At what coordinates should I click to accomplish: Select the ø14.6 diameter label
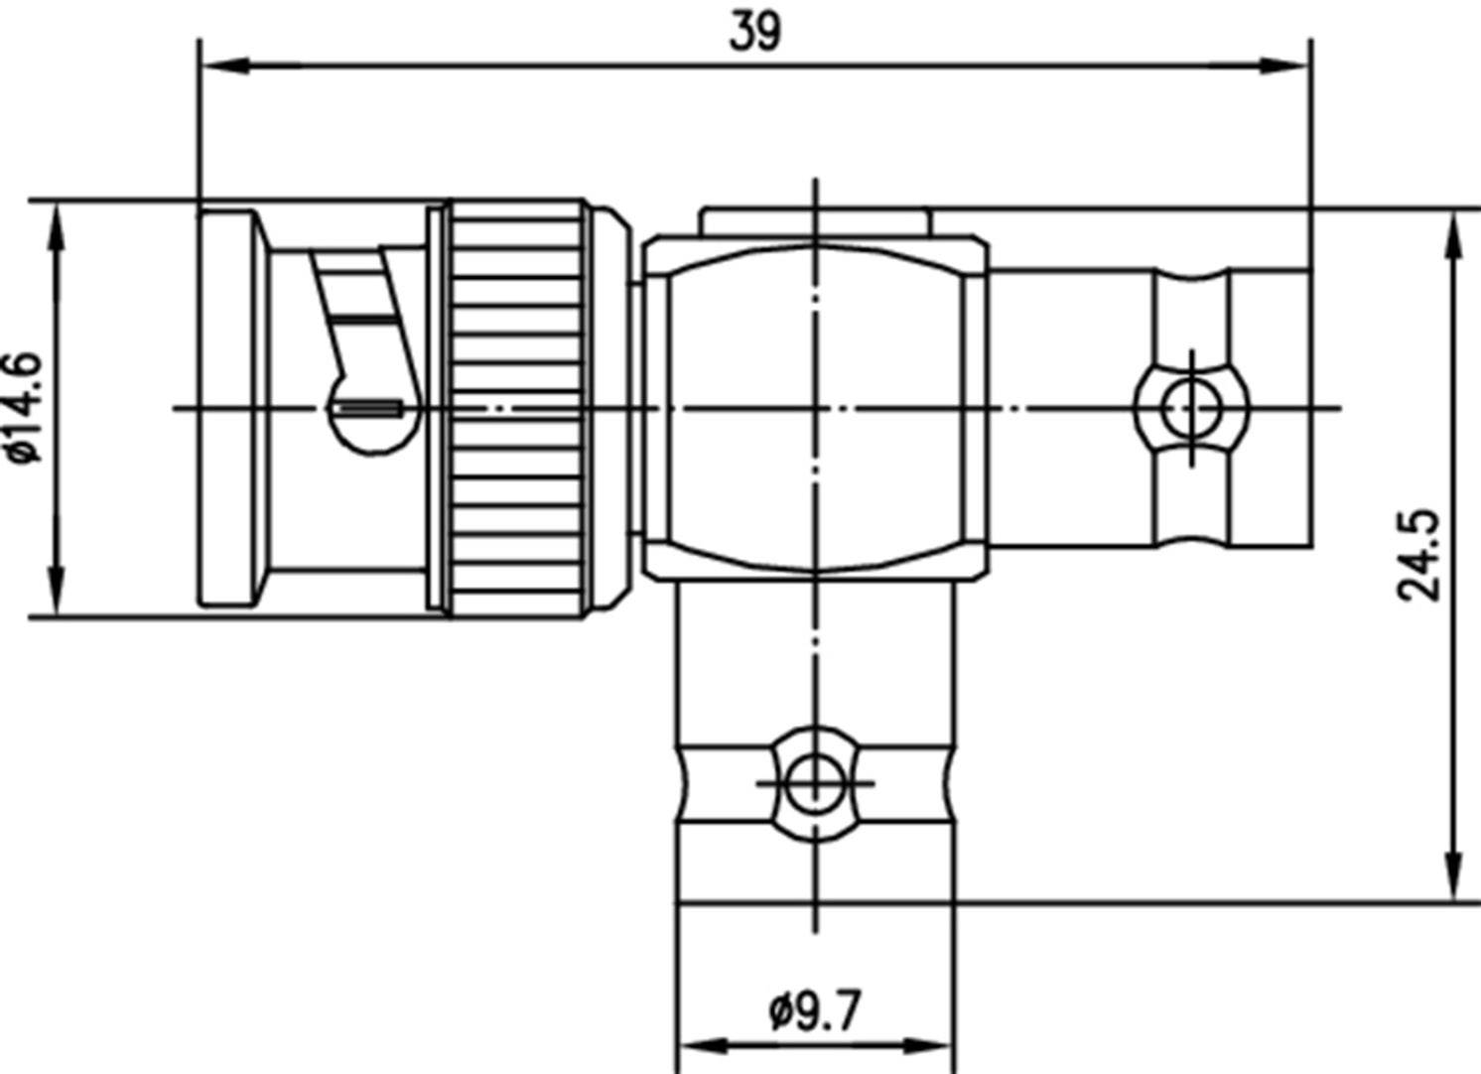25,407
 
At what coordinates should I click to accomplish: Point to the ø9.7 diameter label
815,1011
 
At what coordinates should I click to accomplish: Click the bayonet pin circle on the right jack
1192,407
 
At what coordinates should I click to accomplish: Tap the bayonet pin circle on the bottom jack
814,782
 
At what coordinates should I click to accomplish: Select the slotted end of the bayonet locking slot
368,408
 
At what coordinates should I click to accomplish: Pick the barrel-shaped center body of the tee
814,407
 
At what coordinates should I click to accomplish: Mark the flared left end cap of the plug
230,407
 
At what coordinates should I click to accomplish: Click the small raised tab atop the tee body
814,219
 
